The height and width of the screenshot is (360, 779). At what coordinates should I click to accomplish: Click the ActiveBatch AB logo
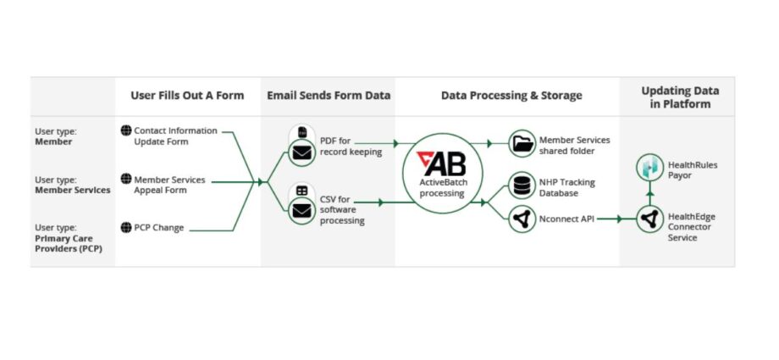tap(442, 163)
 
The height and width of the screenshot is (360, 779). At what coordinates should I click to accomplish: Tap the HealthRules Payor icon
tap(650, 168)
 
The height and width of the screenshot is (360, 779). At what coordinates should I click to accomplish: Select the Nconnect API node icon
tap(522, 219)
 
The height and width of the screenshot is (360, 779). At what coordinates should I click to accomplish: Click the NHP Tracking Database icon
tap(522, 185)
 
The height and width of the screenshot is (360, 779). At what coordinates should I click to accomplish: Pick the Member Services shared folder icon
tap(522, 144)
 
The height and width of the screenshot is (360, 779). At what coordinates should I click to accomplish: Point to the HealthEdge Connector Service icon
tap(650, 219)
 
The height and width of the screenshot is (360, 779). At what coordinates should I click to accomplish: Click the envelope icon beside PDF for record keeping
tap(302, 152)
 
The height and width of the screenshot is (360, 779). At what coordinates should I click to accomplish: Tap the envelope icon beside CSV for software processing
tap(302, 210)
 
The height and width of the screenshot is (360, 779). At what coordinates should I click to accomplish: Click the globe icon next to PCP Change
tap(126, 227)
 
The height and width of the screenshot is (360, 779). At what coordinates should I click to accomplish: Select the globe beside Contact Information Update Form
tap(126, 130)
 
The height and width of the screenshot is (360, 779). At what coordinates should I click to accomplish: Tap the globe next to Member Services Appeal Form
tap(126, 179)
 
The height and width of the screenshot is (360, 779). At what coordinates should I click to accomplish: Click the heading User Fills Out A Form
tap(187, 95)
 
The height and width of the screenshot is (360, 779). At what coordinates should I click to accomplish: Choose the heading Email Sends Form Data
tap(329, 95)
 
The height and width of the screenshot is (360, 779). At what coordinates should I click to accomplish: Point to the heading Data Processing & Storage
tap(511, 96)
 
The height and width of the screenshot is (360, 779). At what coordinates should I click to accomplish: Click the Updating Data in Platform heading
tap(680, 97)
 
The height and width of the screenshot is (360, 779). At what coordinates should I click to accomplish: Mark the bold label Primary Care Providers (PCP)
tap(69, 244)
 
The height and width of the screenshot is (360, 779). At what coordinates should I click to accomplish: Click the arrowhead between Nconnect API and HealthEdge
tap(620, 219)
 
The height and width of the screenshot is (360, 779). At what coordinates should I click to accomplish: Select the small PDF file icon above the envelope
tap(302, 132)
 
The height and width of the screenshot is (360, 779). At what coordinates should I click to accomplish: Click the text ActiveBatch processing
tap(442, 188)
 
